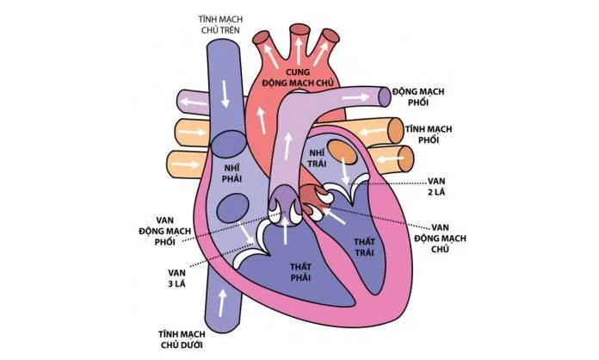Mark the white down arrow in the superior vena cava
coord(225,94)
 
